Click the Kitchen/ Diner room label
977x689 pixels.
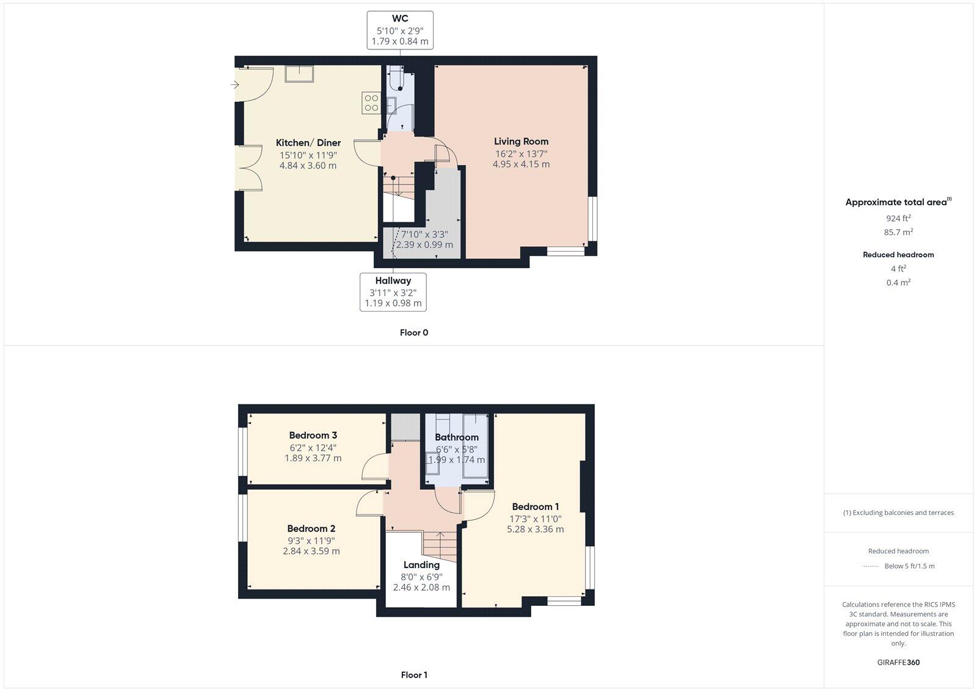coord(308,143)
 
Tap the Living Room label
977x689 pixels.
coord(521,141)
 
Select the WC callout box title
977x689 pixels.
coord(400,19)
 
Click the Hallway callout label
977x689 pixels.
coord(393,280)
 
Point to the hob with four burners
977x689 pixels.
coord(371,102)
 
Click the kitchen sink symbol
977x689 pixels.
coord(299,74)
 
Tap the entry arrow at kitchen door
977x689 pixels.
coord(234,85)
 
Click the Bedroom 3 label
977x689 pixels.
coord(313,436)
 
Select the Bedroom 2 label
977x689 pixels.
coord(311,528)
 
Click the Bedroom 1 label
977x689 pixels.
coord(535,506)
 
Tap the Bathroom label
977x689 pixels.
coord(456,437)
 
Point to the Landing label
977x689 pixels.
coord(421,565)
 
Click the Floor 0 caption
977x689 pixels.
coord(414,333)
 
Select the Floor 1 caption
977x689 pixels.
coord(414,675)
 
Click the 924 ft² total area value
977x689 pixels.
coord(898,218)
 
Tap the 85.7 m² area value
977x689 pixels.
coord(898,232)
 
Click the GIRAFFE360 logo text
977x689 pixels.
coord(898,662)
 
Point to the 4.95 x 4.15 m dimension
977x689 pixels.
coord(521,164)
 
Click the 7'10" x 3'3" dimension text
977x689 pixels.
coord(424,234)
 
